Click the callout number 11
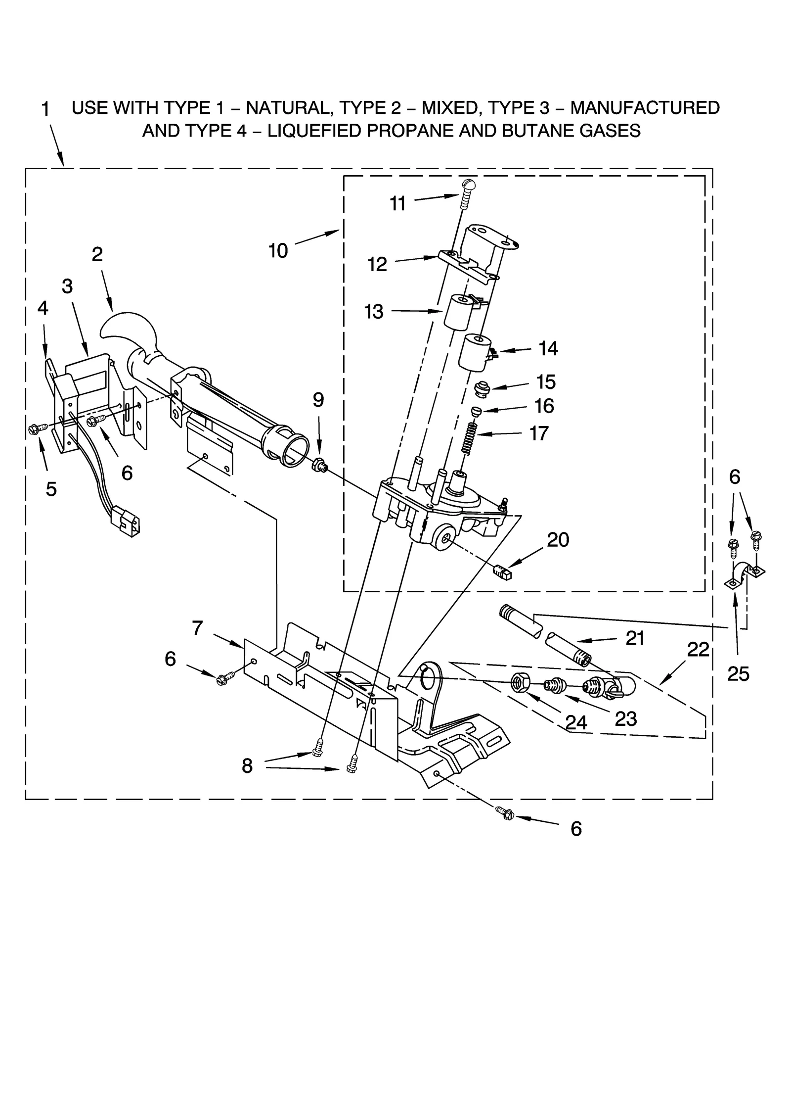tap(397, 203)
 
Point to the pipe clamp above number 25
tap(746, 574)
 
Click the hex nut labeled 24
tap(519, 684)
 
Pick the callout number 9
tap(318, 400)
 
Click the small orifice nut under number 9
tap(319, 465)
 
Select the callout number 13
tap(374, 312)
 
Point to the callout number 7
tap(197, 628)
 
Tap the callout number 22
tap(698, 650)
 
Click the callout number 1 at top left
tap(45, 109)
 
